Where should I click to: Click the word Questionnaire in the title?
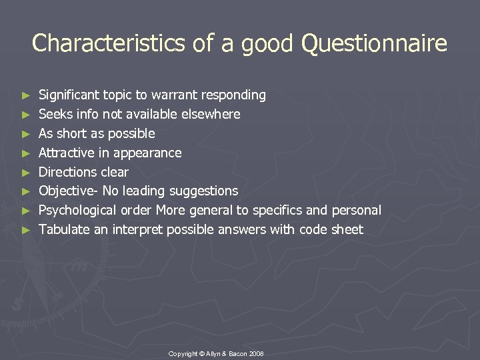pos(374,44)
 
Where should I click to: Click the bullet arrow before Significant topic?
pos(26,96)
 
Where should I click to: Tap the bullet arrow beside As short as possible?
pos(26,134)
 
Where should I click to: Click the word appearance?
pos(151,153)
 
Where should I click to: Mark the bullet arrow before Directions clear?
pos(26,173)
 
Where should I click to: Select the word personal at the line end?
pos(356,211)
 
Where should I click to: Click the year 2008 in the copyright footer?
pos(255,353)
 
